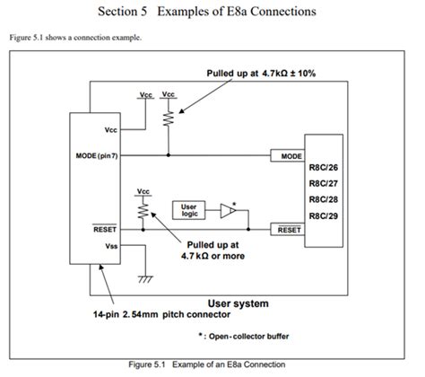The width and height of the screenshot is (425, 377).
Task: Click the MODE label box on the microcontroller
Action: (291, 156)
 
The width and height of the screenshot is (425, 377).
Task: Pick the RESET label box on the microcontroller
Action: (291, 230)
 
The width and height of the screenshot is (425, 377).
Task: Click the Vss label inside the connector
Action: (112, 245)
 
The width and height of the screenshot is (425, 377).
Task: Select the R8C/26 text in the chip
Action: (324, 168)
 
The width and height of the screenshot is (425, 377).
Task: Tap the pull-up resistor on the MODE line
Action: (168, 117)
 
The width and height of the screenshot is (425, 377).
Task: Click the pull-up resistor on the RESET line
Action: (141, 210)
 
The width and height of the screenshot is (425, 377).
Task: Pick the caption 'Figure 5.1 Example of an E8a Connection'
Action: (212, 364)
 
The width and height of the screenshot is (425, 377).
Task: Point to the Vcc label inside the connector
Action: (112, 129)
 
